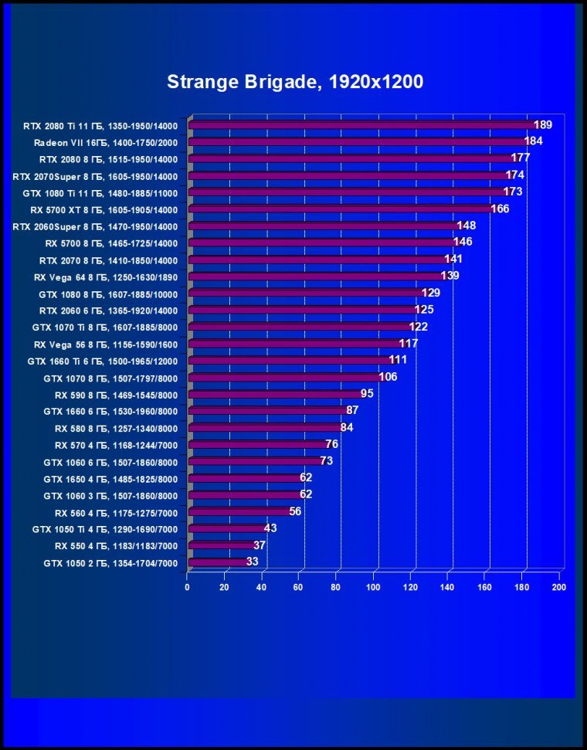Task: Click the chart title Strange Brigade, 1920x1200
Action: pos(295,83)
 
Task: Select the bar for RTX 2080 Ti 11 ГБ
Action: pos(361,124)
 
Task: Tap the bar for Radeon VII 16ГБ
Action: pos(357,141)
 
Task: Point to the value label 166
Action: pos(500,209)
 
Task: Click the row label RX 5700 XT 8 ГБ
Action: pos(103,209)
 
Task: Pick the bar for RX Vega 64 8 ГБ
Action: pos(315,276)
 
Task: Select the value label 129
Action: pos(430,293)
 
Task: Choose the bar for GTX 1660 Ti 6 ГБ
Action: pos(290,361)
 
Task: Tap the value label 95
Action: pos(367,394)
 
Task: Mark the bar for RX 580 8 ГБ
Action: pos(265,428)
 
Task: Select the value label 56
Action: pos(295,511)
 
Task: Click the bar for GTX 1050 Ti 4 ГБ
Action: pos(227,529)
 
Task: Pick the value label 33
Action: pos(252,562)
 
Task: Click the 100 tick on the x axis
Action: pos(373,587)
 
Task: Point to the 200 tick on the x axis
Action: pos(558,587)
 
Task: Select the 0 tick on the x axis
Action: pos(188,587)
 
